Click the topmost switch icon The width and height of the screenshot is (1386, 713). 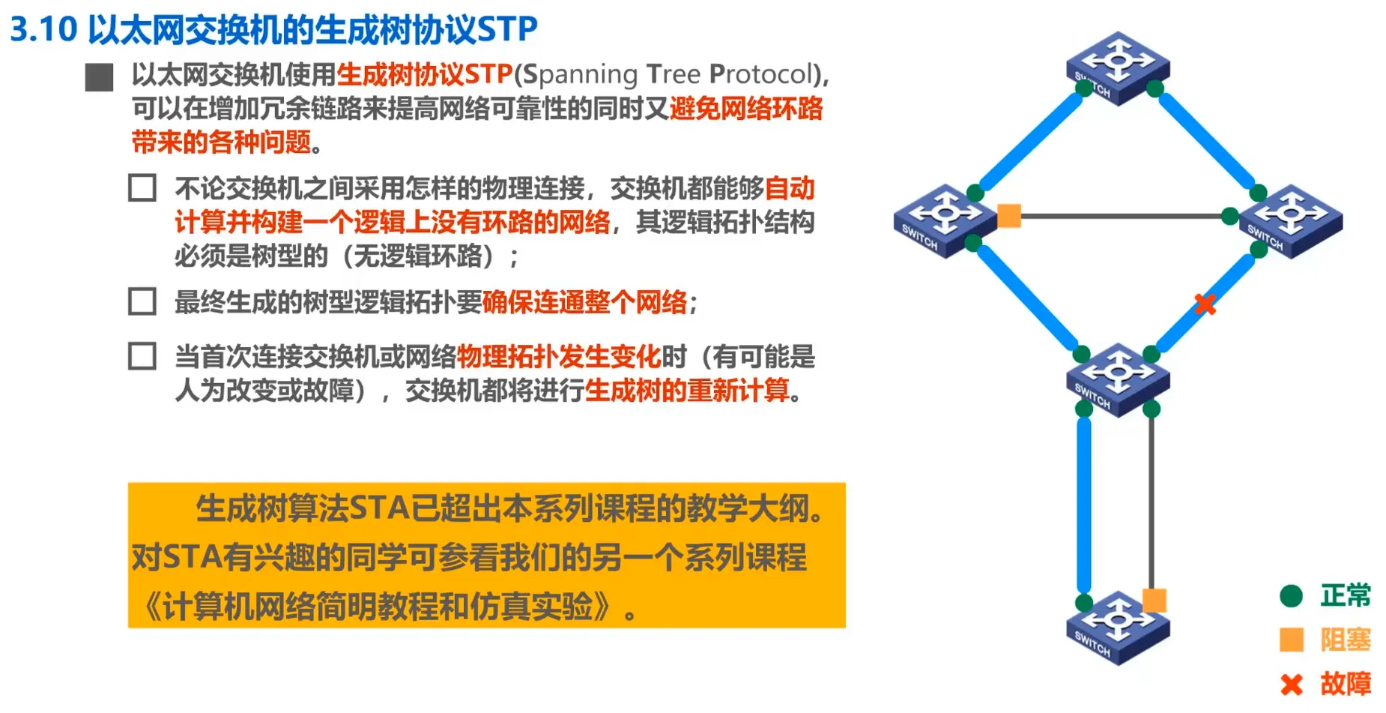pos(1118,67)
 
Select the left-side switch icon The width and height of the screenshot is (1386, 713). pos(945,220)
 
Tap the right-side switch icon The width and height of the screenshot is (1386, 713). pos(1291,220)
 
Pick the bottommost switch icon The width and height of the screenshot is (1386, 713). pos(1118,628)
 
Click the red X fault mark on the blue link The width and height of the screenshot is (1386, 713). pos(1205,304)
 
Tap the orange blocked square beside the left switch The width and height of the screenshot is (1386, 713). pos(1009,216)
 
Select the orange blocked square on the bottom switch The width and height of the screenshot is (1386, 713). pos(1154,601)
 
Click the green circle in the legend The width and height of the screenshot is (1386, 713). pos(1292,596)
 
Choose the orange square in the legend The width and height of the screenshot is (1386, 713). pos(1292,640)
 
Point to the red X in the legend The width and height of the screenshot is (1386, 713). pos(1292,685)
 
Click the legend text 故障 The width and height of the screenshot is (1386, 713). pos(1346,684)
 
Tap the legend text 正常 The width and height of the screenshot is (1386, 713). pos(1346,595)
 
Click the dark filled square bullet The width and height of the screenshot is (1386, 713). pos(99,77)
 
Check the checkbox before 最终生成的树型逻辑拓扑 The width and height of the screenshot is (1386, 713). pos(142,301)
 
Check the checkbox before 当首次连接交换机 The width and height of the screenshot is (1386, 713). pos(142,356)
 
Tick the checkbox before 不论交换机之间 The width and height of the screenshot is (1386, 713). pos(142,188)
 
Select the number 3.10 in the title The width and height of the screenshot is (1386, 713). pos(43,29)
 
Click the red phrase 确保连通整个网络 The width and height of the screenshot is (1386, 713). pos(584,302)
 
